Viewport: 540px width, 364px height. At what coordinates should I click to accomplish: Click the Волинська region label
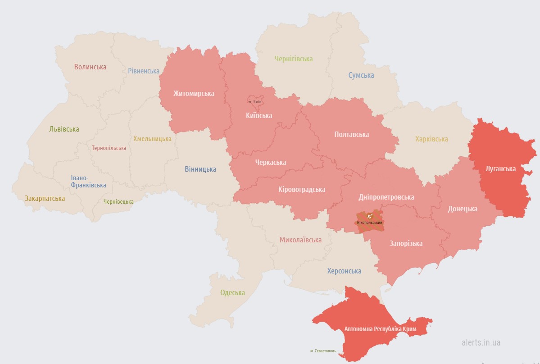(90, 67)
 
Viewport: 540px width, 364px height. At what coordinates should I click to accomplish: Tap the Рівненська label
(144, 71)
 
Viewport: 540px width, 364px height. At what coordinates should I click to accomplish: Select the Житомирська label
(194, 94)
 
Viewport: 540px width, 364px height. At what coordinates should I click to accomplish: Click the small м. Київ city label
(254, 102)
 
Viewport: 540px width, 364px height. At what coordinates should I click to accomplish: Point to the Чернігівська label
(294, 59)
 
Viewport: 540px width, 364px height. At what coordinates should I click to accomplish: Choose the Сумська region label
(361, 75)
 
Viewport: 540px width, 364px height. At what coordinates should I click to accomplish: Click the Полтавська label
(351, 134)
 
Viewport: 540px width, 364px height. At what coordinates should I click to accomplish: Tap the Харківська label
(431, 139)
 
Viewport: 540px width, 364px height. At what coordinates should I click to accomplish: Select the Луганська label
(500, 168)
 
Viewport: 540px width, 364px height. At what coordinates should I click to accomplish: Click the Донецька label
(463, 209)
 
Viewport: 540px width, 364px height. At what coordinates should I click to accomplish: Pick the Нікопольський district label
(369, 223)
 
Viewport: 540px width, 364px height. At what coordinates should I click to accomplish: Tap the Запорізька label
(406, 243)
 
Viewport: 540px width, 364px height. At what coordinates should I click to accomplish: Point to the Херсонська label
(344, 271)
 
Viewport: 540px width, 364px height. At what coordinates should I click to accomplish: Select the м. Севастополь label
(324, 350)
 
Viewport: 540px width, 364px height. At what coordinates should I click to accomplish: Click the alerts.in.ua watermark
(481, 342)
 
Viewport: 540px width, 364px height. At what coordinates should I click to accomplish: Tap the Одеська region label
(232, 292)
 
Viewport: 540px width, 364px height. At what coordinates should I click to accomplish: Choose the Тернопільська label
(109, 148)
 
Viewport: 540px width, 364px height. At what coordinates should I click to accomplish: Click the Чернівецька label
(118, 202)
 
